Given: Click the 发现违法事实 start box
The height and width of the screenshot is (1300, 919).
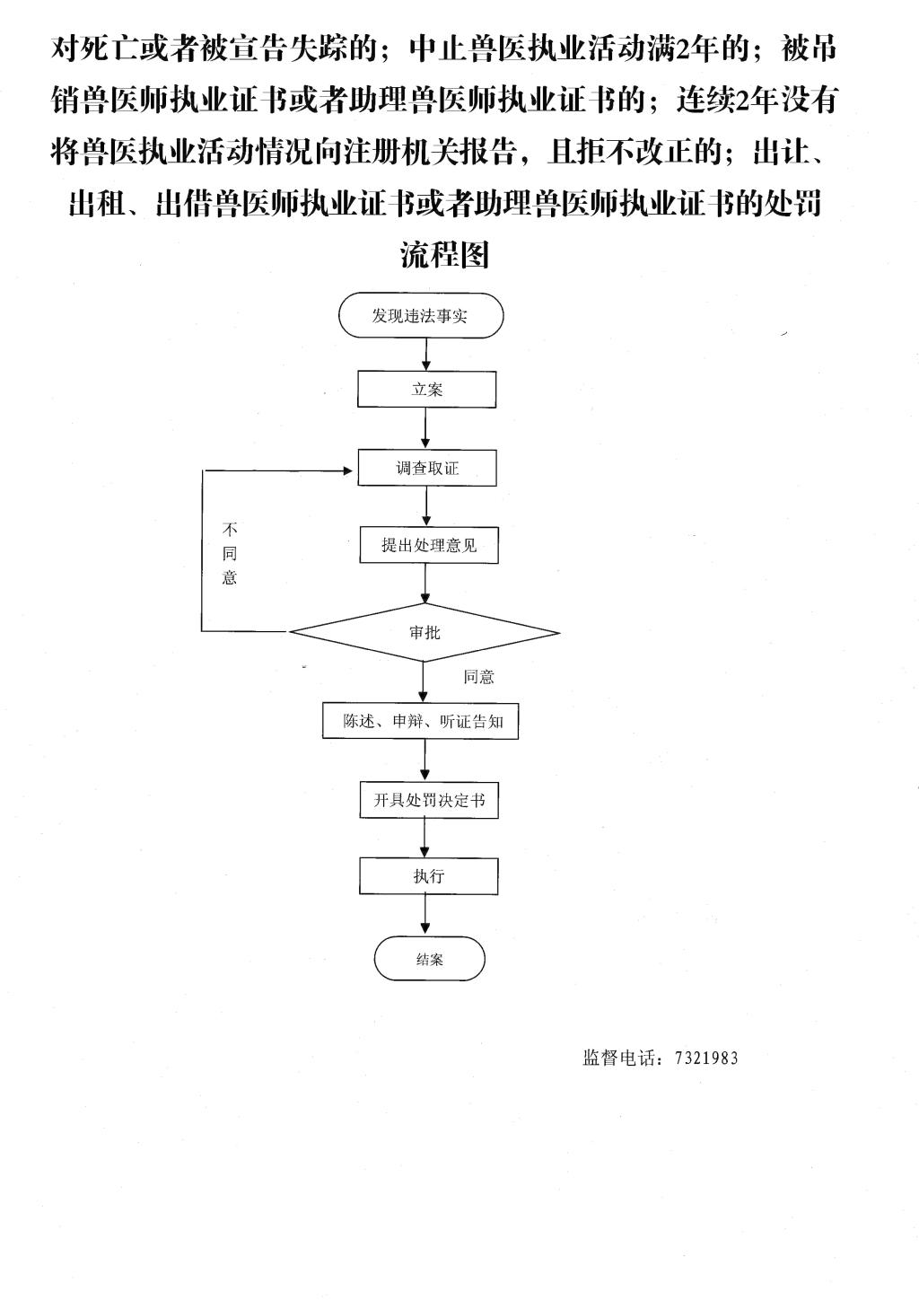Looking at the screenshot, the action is pos(421,315).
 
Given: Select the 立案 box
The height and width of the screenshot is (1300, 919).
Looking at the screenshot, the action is pos(426,390).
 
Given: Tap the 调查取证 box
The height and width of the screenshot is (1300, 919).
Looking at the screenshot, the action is pos(427,468).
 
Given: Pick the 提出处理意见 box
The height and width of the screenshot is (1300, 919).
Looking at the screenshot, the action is pos(429,545).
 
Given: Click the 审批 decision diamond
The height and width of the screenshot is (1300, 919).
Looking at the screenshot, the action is pos(424,633).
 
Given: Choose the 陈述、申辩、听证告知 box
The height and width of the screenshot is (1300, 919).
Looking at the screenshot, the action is pos(421,722).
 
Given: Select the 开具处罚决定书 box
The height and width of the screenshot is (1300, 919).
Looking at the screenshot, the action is pos(429,800).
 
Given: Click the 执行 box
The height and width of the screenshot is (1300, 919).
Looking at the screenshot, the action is pos(429,875).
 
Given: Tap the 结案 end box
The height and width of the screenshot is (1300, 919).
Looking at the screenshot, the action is pos(429,959).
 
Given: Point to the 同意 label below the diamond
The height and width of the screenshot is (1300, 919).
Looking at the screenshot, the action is pos(478,677).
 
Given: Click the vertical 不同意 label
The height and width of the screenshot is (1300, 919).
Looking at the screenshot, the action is pos(230,554).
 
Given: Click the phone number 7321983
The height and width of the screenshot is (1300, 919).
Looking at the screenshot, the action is pos(706,1058).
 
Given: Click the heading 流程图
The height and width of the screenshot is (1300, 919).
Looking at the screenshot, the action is pos(444,254).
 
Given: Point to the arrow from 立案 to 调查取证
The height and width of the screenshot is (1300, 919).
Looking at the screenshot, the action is pos(426,428).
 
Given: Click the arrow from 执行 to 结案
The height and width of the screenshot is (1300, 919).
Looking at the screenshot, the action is pos(425,915).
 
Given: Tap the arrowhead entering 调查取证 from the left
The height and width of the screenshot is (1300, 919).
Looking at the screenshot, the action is pos(348,470).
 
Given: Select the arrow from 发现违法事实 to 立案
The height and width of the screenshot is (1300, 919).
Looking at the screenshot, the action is pos(426,355).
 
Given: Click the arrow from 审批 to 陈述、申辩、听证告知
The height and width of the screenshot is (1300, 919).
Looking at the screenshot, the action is pos(423,682).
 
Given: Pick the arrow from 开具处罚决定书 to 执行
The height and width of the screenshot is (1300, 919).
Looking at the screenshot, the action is pos(425,838).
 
